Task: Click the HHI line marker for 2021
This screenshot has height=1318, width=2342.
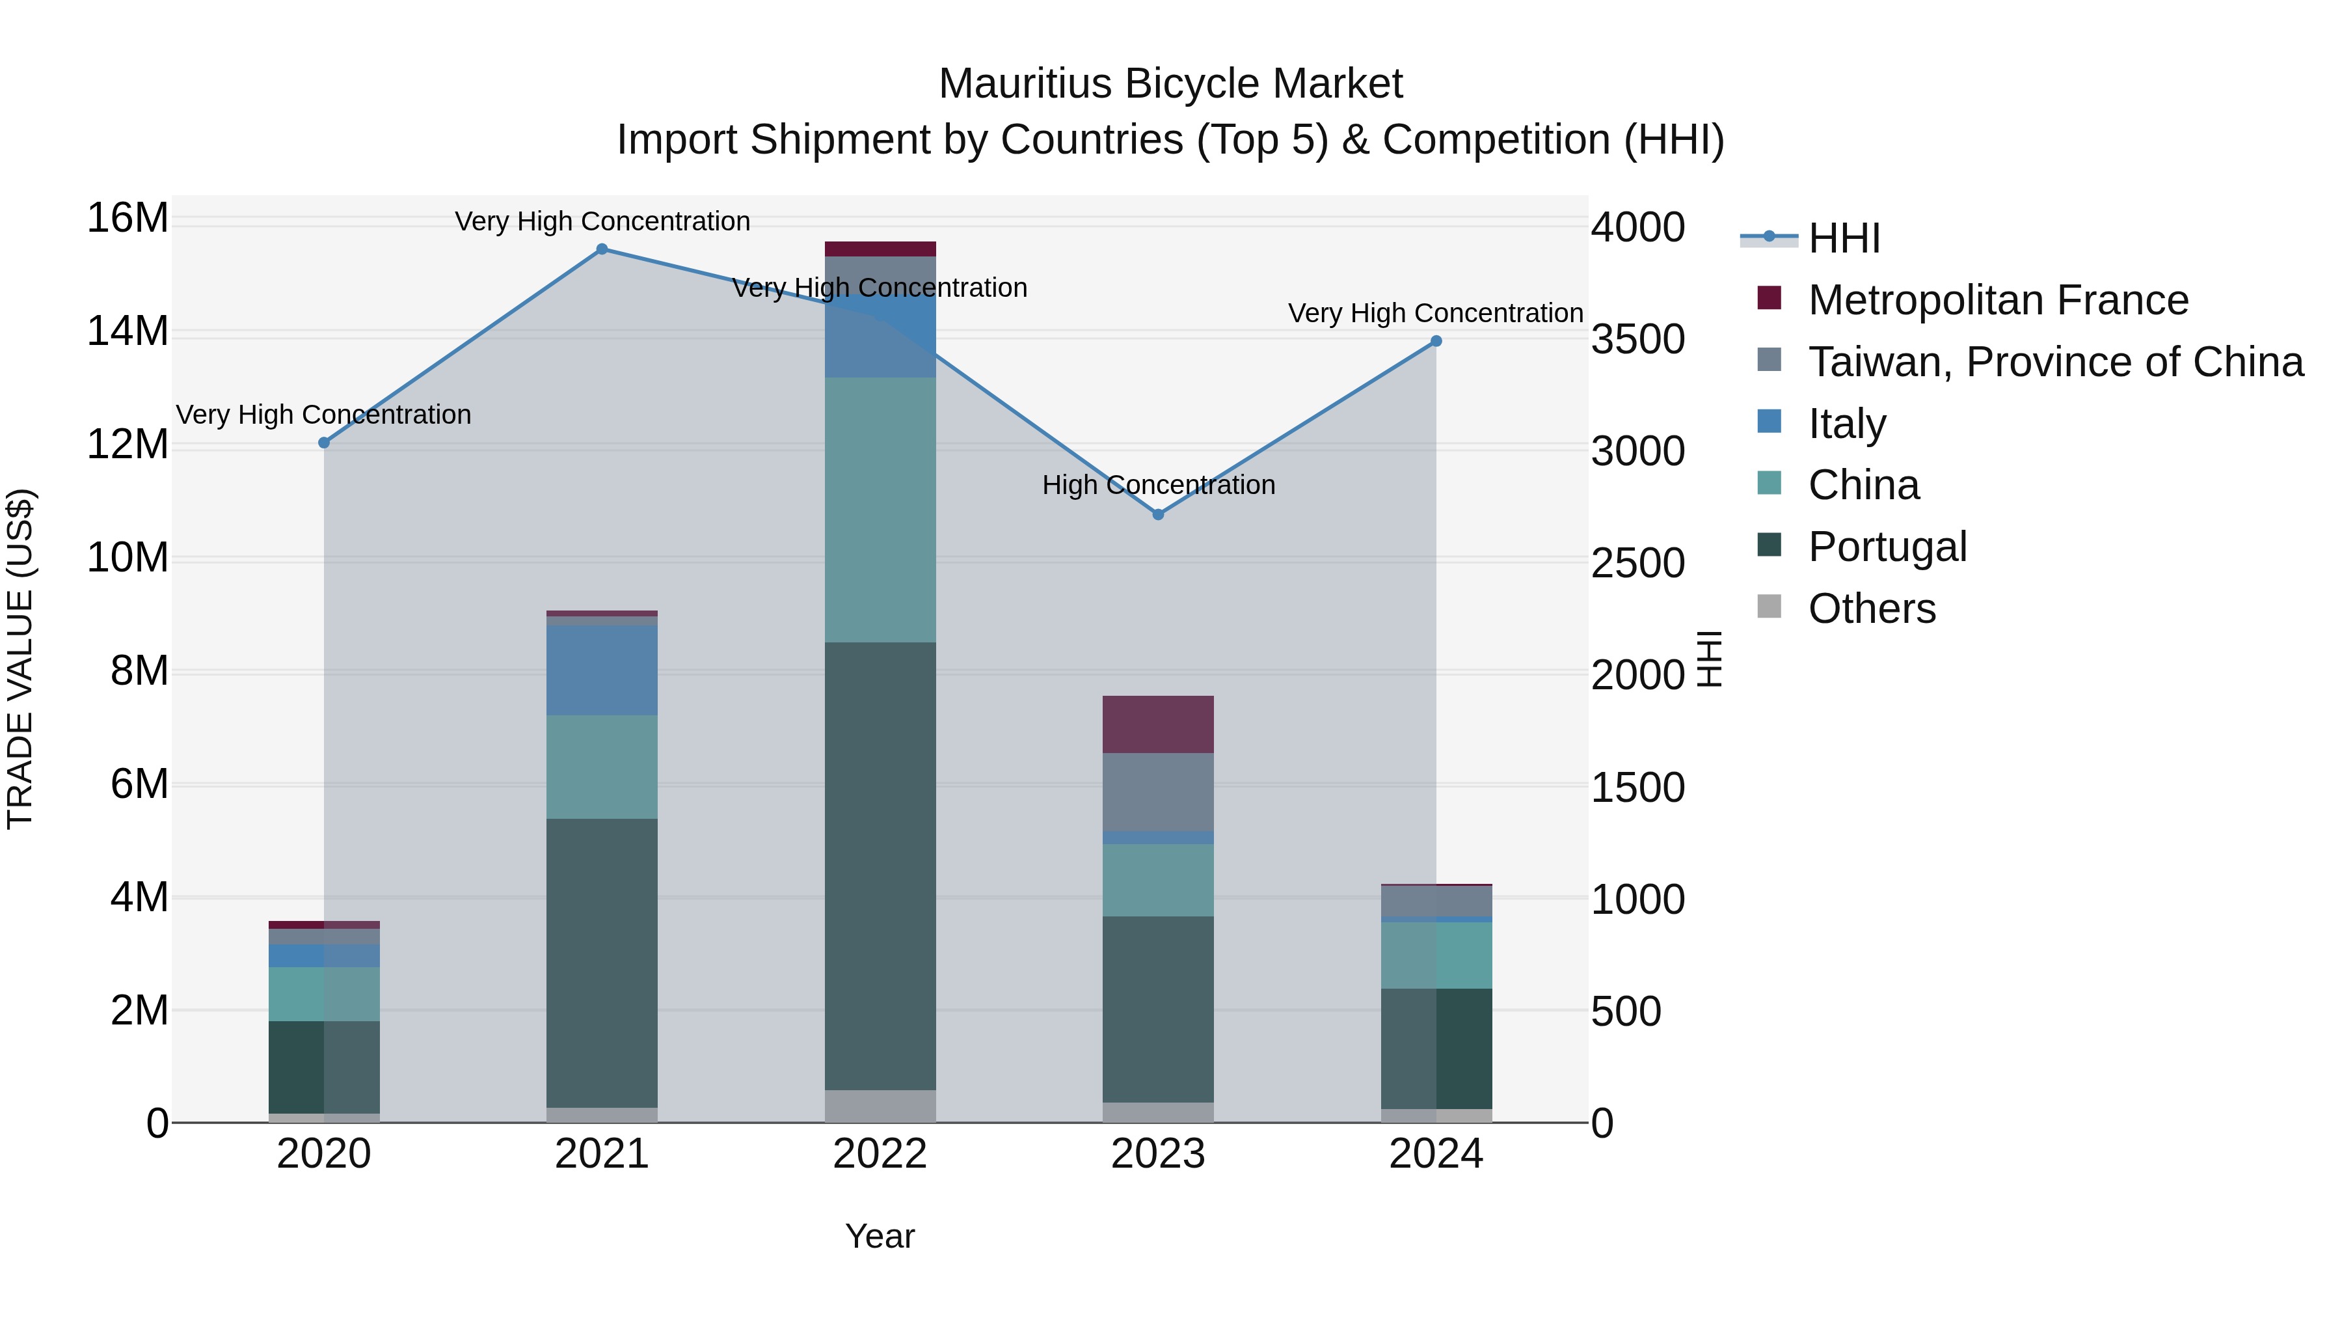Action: point(602,249)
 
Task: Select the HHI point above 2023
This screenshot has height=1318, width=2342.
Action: point(1158,515)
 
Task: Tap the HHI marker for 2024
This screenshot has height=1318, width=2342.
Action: point(1436,342)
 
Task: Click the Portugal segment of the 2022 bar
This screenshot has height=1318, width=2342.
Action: point(880,864)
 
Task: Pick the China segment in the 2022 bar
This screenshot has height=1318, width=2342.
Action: point(880,510)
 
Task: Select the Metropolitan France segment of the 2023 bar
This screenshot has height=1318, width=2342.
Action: point(1158,725)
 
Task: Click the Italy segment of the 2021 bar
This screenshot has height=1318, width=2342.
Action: point(602,670)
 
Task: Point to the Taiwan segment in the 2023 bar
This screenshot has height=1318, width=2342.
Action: point(1158,792)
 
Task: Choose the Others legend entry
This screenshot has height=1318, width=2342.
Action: point(1871,609)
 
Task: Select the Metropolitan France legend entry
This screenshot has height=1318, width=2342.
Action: point(1997,300)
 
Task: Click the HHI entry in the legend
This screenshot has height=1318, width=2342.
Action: point(1843,238)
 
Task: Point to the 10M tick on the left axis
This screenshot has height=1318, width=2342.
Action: point(128,558)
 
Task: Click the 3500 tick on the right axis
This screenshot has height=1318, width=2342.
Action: point(1637,339)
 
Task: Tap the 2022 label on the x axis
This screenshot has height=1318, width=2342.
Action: point(880,1154)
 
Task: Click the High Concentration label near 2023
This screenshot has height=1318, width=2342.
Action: point(1158,485)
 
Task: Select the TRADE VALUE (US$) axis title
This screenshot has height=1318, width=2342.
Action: point(20,659)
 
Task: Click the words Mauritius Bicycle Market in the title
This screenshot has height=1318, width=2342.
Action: point(1170,84)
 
